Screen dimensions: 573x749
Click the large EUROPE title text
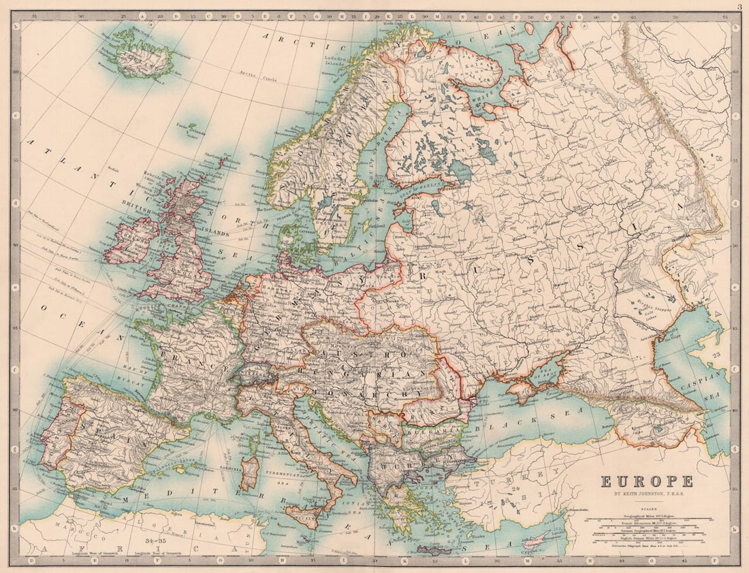tap(647, 482)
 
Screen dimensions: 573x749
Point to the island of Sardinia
tap(250, 474)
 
